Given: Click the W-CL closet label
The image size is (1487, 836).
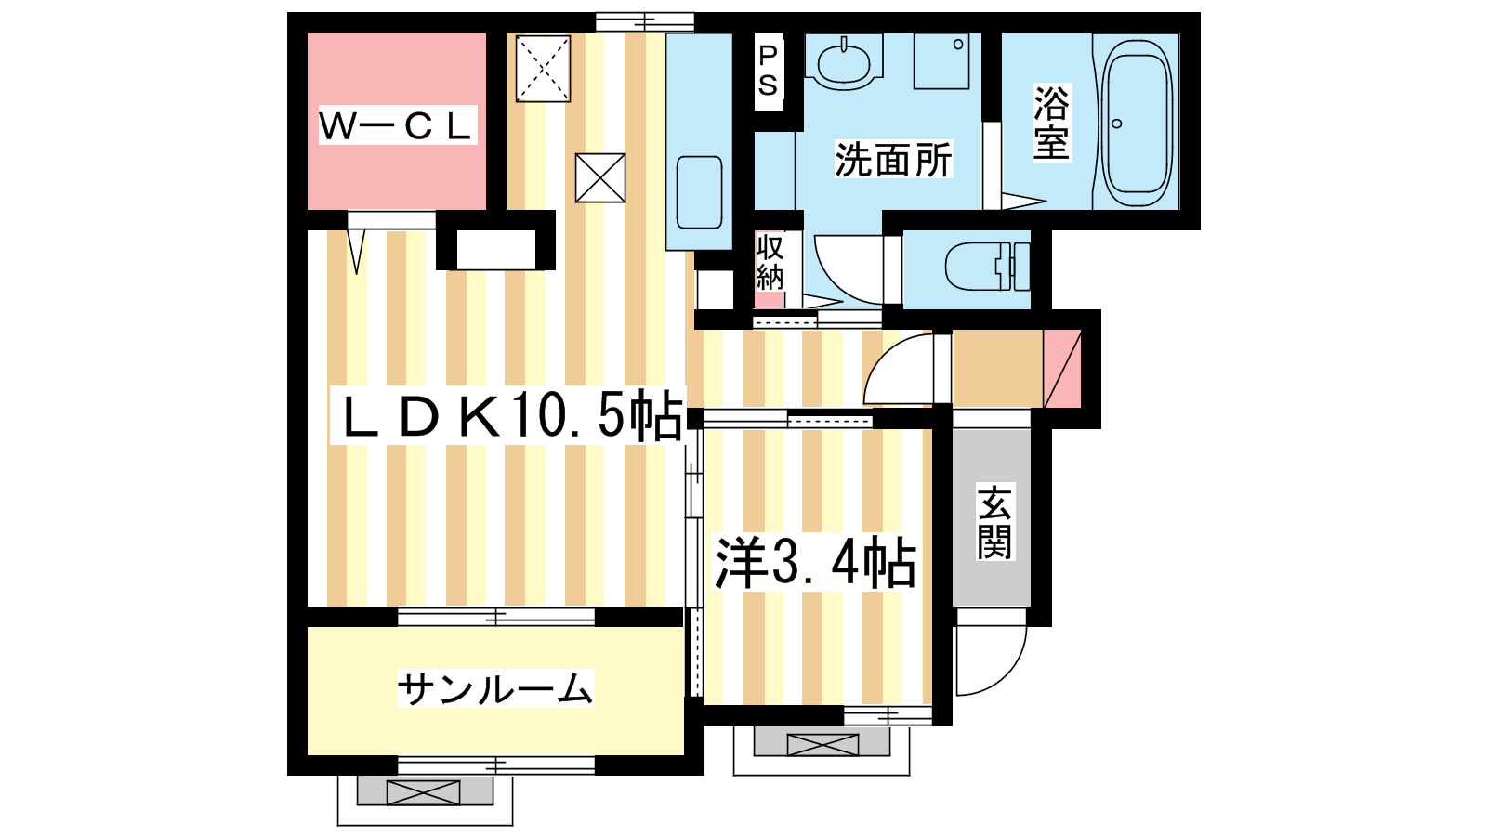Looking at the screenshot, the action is tap(397, 124).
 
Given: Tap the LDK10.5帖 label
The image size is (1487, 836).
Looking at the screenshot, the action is tap(508, 417).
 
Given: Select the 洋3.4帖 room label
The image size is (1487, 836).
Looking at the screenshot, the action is tap(814, 563).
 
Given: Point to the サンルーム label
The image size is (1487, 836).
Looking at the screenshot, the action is tap(494, 688).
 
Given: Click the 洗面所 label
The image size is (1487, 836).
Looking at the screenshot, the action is tap(893, 159).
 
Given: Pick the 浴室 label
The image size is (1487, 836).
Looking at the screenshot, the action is tap(1051, 124).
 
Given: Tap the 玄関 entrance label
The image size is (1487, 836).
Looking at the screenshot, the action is tap(994, 522).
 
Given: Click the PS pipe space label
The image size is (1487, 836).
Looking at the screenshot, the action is tap(768, 71).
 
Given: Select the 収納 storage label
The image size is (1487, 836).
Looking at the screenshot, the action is tap(770, 262).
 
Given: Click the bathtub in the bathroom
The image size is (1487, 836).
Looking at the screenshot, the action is tap(1137, 122).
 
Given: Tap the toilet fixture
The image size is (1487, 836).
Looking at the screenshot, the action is tap(987, 267).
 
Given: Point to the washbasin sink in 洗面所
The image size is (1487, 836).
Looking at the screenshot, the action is tap(844, 62).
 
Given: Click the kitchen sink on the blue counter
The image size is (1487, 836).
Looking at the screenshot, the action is tap(699, 192).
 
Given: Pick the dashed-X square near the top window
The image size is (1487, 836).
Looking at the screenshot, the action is tap(543, 69).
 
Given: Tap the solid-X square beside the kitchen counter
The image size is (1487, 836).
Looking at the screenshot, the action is tap(600, 177).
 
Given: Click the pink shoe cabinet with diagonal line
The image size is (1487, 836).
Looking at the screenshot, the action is tap(1062, 369).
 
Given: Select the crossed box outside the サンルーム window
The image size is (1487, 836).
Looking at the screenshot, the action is tap(424, 792).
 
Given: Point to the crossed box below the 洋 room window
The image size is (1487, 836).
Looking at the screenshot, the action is tap(822, 744).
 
